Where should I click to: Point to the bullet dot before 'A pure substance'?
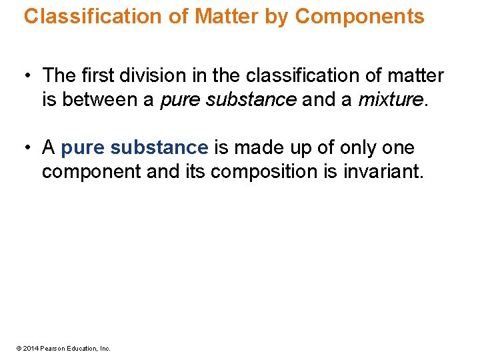click(29, 148)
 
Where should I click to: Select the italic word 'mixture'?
click(390, 100)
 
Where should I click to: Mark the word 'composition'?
click(270, 171)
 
